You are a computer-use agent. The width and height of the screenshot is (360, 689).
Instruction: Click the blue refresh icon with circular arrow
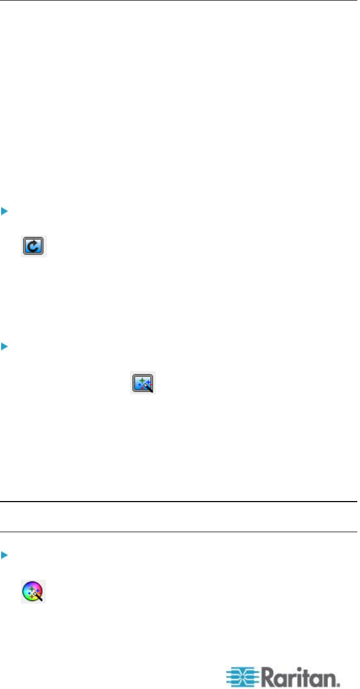(x=34, y=246)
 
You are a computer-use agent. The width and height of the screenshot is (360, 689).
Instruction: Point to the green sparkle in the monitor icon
(x=140, y=379)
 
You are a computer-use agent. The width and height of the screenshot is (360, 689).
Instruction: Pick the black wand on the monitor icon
(x=149, y=389)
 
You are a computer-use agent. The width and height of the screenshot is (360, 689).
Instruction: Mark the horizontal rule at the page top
(x=180, y=1)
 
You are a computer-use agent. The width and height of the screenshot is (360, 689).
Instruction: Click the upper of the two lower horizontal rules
(x=180, y=502)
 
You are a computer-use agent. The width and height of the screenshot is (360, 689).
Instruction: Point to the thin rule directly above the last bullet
(x=180, y=532)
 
